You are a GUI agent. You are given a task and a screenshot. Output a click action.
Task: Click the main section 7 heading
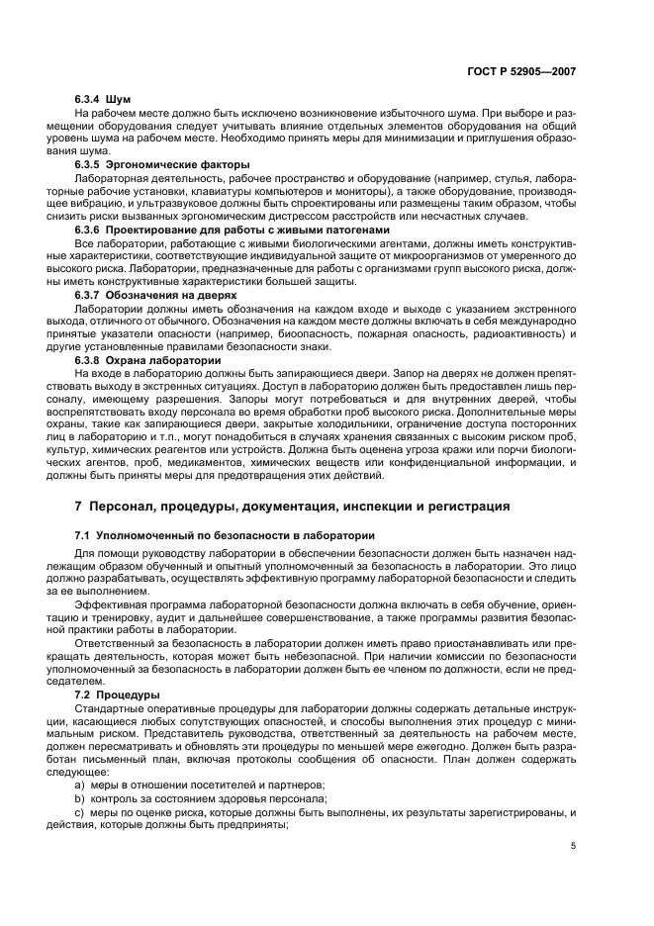tap(292, 507)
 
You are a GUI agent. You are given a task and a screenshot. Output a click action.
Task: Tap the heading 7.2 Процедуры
tap(117, 695)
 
